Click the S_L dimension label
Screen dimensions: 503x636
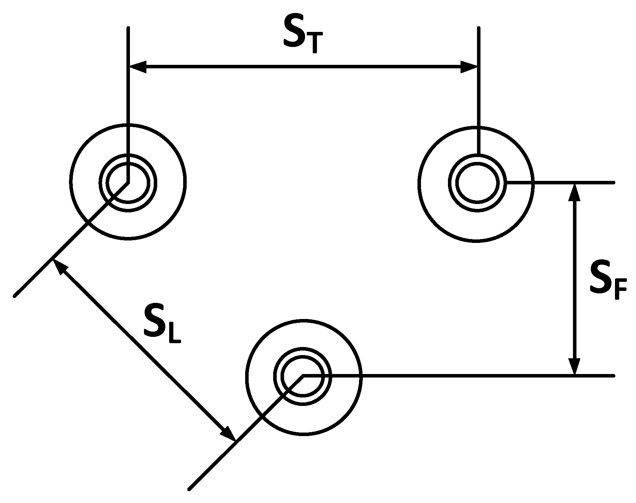click(x=162, y=326)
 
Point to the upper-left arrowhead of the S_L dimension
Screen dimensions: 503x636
click(x=59, y=267)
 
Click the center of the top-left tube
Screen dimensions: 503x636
click(x=128, y=182)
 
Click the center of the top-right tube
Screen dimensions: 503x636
click(x=477, y=183)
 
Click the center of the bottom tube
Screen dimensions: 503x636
click(x=303, y=376)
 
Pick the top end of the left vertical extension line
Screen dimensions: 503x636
click(x=128, y=27)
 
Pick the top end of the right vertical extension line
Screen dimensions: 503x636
click(x=479, y=27)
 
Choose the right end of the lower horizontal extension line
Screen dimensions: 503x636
click(x=614, y=376)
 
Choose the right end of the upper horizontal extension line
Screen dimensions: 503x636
click(x=614, y=182)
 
